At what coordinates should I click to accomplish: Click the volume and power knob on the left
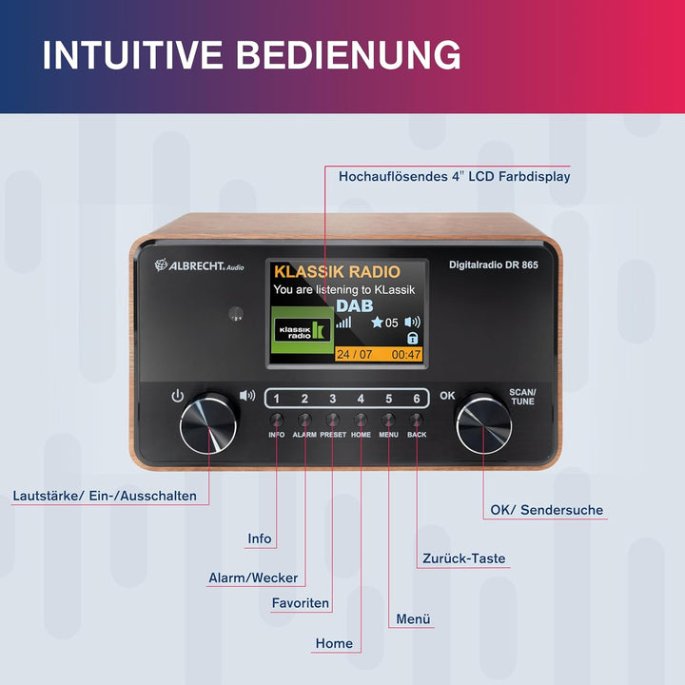(x=208, y=423)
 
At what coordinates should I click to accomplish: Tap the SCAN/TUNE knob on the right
(x=483, y=423)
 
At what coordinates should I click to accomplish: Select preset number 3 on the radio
(x=332, y=399)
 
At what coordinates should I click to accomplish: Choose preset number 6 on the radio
(x=417, y=399)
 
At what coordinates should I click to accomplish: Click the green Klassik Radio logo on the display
(x=302, y=330)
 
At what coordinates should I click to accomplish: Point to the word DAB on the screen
(x=354, y=305)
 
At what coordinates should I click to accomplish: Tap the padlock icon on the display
(x=412, y=338)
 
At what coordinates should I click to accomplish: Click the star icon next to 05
(x=377, y=323)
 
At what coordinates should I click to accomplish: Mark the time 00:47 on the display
(x=406, y=354)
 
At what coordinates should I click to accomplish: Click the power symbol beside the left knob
(x=177, y=396)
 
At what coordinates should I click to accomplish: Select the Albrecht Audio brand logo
(x=199, y=265)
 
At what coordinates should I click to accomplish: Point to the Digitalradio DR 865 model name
(x=494, y=264)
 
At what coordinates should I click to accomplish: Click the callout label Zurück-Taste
(x=463, y=558)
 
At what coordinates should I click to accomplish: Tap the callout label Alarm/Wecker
(x=253, y=578)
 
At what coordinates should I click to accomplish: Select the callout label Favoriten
(x=300, y=603)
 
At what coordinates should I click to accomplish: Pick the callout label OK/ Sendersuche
(x=546, y=510)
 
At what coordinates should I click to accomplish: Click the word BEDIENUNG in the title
(x=348, y=55)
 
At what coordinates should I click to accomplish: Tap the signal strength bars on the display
(x=343, y=323)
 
